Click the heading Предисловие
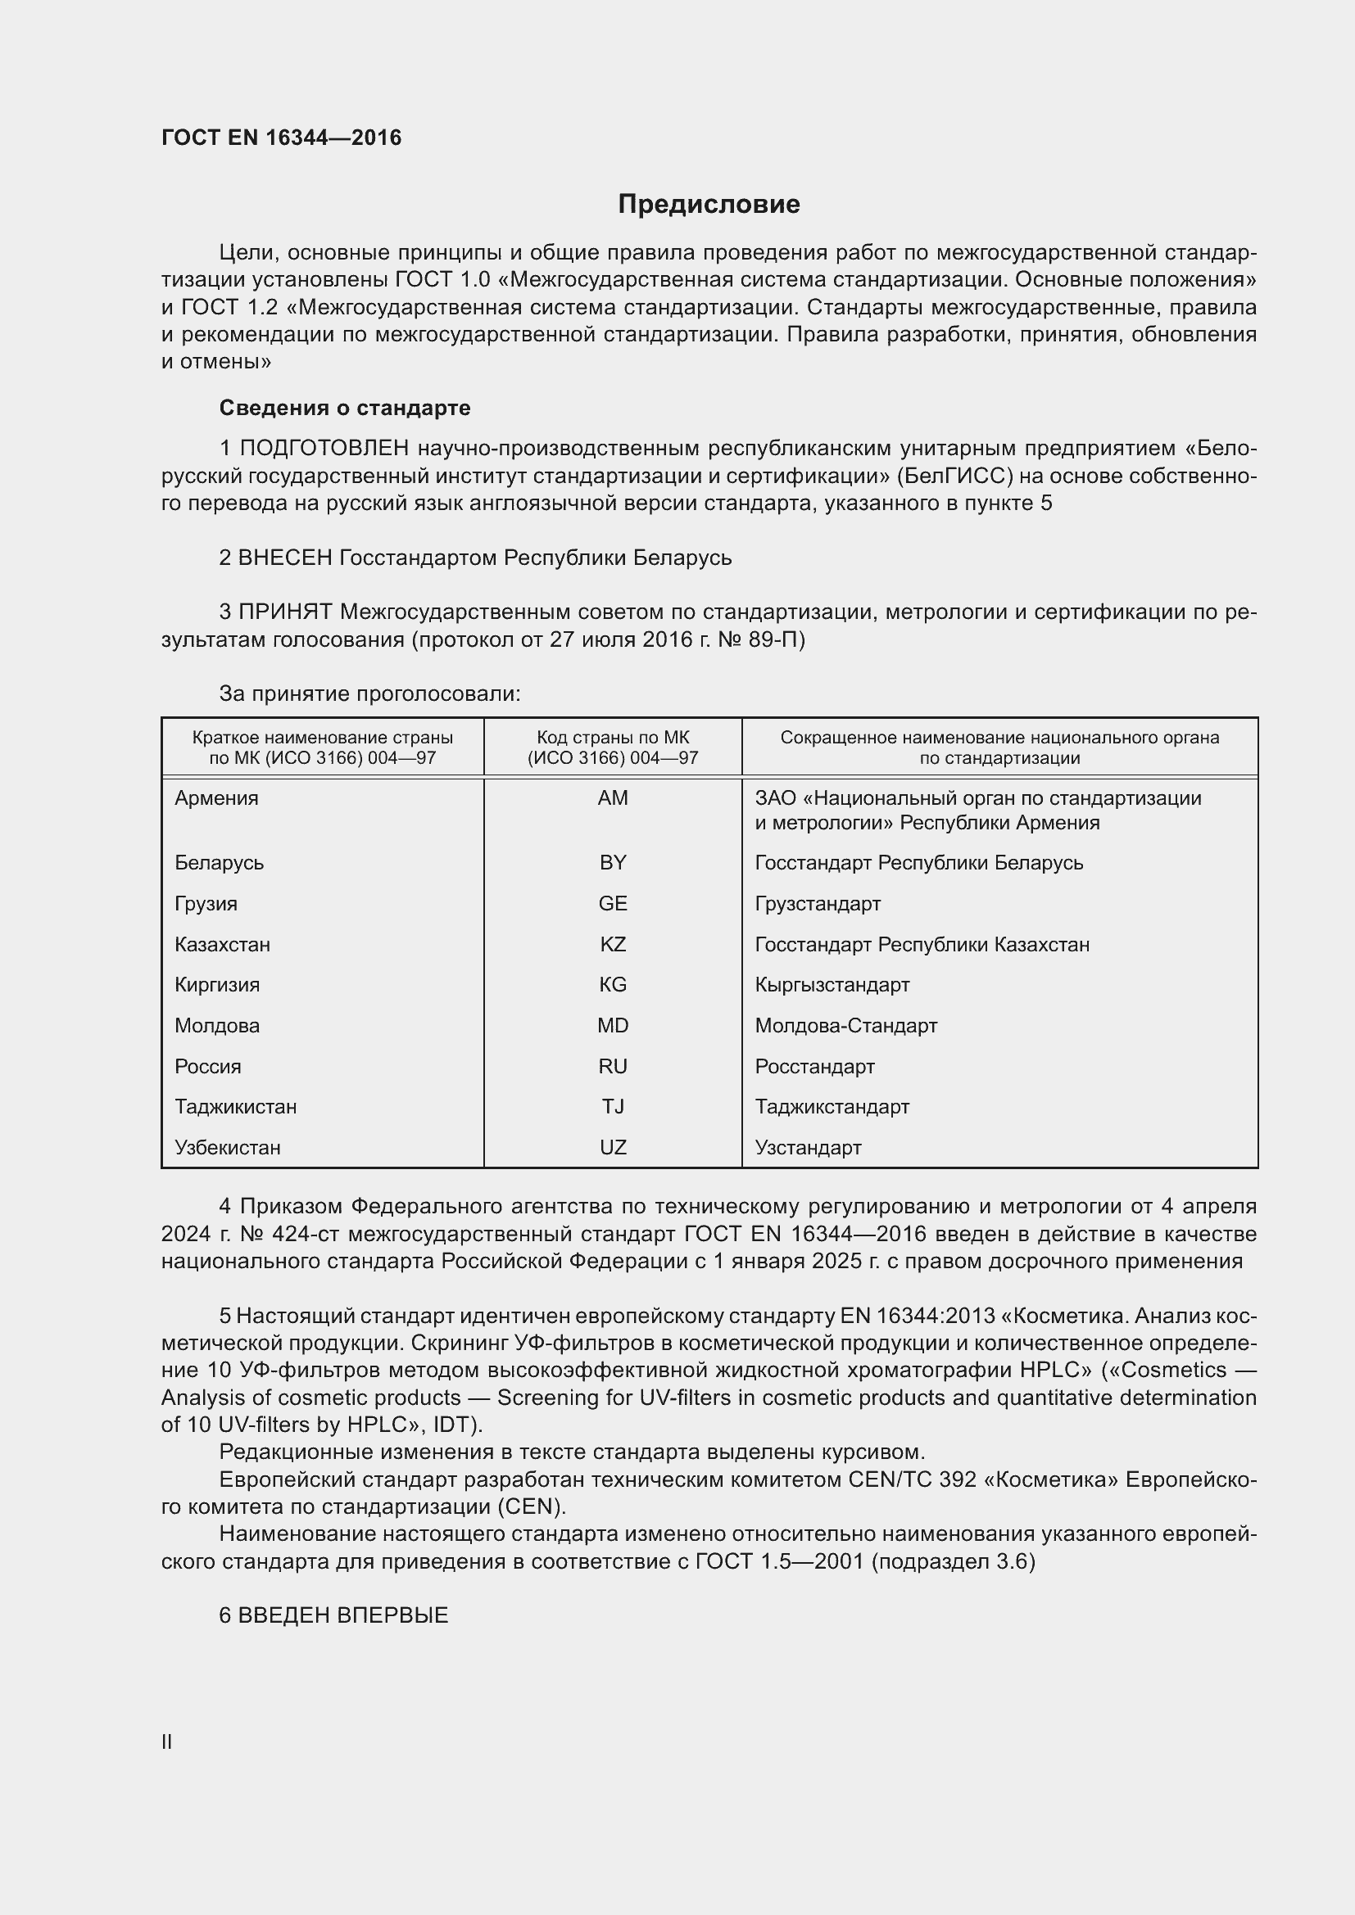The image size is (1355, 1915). click(709, 205)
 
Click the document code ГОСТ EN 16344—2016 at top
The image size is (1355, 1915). click(281, 138)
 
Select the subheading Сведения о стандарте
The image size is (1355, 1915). click(345, 408)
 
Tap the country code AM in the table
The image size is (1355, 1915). click(613, 798)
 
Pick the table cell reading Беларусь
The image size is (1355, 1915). click(220, 862)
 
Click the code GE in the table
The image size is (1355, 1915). click(613, 903)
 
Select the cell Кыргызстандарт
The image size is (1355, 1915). click(832, 984)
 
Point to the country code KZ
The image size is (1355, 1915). click(613, 944)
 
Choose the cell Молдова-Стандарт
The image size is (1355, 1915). click(846, 1025)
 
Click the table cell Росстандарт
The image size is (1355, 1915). click(814, 1066)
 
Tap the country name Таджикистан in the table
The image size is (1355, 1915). click(235, 1107)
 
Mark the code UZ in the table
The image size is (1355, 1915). click(613, 1147)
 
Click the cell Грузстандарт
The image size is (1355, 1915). click(818, 903)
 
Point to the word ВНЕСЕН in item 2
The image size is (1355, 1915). click(285, 558)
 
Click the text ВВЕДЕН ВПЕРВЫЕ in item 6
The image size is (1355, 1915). click(343, 1615)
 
